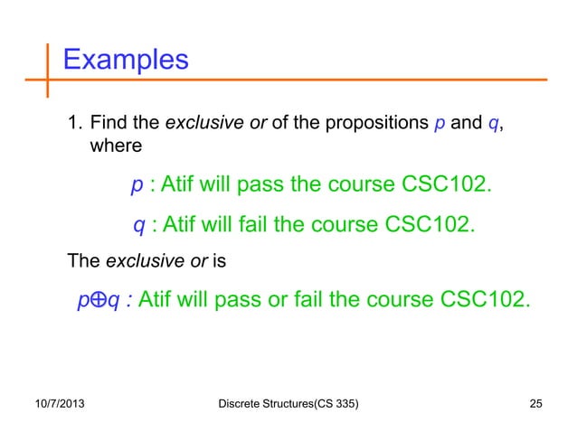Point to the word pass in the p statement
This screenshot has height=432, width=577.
[x=255, y=186]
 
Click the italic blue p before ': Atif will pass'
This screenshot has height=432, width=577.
[x=137, y=186]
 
